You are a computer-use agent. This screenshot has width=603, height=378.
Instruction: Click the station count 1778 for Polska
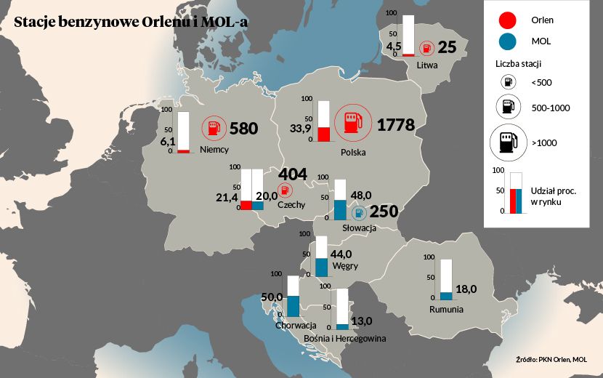(x=395, y=125)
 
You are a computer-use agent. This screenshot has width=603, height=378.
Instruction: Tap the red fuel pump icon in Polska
(x=352, y=123)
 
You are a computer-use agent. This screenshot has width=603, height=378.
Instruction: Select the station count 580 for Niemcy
(x=243, y=129)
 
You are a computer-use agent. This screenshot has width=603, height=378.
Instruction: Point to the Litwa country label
(x=427, y=65)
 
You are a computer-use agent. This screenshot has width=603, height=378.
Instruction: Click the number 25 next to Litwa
(x=447, y=48)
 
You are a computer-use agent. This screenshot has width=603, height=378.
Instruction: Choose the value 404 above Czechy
(x=293, y=174)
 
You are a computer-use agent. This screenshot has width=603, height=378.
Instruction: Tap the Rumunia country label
(x=446, y=309)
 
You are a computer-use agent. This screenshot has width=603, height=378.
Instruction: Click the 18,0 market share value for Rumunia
(x=465, y=289)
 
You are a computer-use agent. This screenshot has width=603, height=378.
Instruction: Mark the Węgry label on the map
(x=344, y=266)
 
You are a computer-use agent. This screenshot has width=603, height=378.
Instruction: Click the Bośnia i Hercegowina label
(x=344, y=338)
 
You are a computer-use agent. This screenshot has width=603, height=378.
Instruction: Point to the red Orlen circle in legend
(x=509, y=20)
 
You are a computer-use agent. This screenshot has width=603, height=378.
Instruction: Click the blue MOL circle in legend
(x=509, y=41)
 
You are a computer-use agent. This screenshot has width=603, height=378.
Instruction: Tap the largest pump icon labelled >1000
(x=509, y=142)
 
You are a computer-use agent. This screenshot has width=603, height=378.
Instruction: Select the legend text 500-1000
(x=550, y=108)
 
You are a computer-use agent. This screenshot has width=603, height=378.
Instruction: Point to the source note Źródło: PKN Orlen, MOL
(x=551, y=359)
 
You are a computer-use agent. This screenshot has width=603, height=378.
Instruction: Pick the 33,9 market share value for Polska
(x=300, y=129)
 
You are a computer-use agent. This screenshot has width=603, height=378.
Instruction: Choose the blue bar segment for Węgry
(x=321, y=267)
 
